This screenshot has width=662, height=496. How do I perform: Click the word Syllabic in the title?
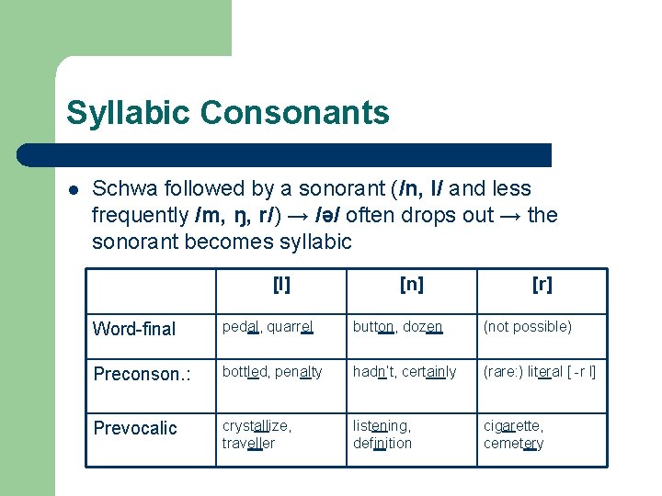(x=128, y=113)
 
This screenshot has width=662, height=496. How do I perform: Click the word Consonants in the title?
(x=294, y=113)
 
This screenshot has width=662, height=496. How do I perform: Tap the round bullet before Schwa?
(x=74, y=189)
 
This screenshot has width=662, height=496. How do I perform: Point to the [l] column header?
(x=281, y=285)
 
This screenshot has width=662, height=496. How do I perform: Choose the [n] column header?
(x=412, y=285)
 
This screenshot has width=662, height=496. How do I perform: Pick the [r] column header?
(x=542, y=285)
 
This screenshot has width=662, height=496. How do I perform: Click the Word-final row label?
(x=134, y=329)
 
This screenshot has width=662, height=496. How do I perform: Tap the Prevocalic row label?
(x=135, y=428)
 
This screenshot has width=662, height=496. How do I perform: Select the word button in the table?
(x=374, y=327)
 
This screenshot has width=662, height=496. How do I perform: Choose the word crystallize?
(x=257, y=426)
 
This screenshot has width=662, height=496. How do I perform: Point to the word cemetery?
(x=514, y=444)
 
